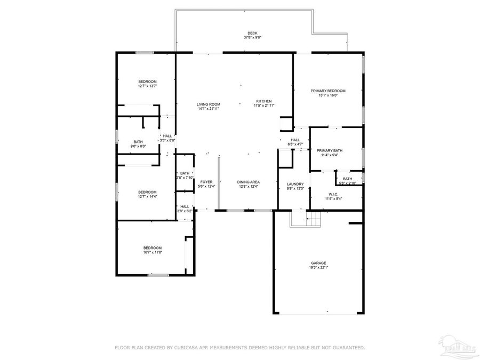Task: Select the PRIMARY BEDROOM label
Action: pos(328,91)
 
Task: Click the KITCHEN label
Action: pos(264,101)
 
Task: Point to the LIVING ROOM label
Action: pos(208,104)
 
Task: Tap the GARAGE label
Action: pos(319,263)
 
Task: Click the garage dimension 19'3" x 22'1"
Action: pos(319,268)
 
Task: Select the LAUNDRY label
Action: pos(295,183)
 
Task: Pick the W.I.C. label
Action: pos(333,194)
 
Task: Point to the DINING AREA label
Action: pos(248,182)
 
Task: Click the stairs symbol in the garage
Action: pos(314,218)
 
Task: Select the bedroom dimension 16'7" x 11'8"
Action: pos(153,252)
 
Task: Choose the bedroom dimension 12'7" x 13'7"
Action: pos(147,86)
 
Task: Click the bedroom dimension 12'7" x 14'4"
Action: pos(147,196)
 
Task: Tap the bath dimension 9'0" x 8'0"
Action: pos(138,146)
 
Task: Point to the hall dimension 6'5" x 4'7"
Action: pos(295,145)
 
